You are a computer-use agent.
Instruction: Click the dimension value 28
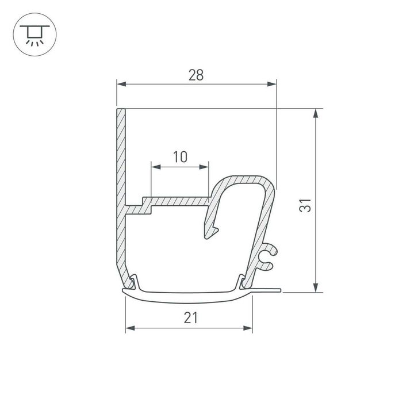[196, 75]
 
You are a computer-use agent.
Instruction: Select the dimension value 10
[180, 156]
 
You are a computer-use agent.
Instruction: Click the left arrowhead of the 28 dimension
[121, 85]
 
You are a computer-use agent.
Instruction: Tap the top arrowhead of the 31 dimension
[315, 113]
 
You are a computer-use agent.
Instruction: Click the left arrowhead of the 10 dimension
[155, 167]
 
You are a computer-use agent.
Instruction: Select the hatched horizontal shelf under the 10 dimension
[178, 201]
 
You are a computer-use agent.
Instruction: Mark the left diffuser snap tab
[133, 282]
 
